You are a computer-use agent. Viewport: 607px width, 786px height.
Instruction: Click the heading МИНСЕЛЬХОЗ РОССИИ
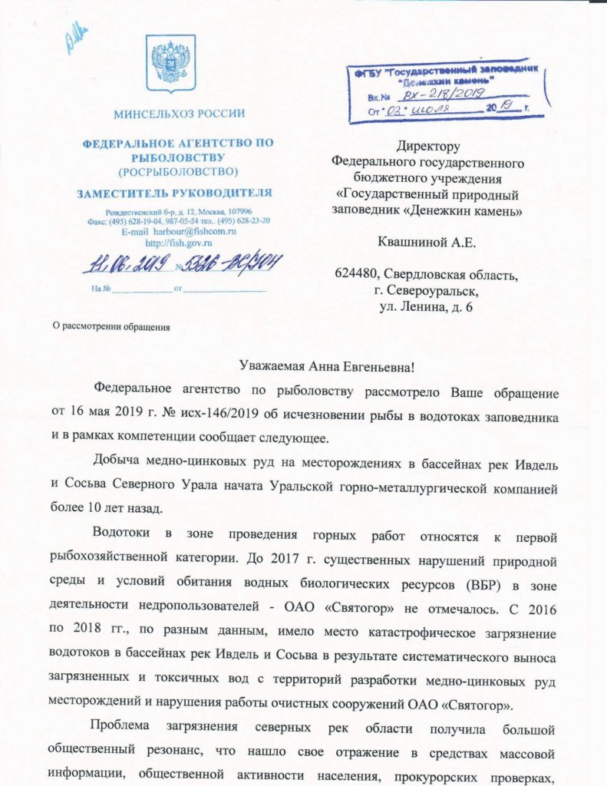point(180,115)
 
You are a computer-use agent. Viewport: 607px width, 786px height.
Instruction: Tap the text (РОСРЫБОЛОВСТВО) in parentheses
point(179,170)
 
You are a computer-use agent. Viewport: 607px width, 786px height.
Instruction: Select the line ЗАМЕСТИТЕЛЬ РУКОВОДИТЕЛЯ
point(180,193)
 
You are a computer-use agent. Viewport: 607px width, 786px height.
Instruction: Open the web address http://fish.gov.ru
point(179,243)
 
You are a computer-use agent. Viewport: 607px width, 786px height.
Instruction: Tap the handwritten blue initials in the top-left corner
point(77,37)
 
